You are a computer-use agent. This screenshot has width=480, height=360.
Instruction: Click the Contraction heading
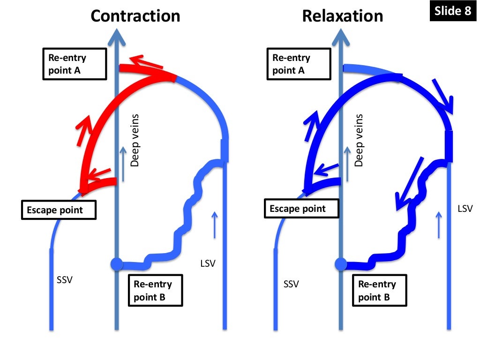(x=135, y=16)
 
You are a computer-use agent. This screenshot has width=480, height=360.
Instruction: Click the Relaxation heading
(x=342, y=16)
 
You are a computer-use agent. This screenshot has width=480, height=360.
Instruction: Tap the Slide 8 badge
(x=452, y=11)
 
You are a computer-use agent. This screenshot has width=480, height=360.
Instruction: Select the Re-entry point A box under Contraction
(x=73, y=64)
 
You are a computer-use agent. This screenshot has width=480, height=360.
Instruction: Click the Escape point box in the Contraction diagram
(x=59, y=210)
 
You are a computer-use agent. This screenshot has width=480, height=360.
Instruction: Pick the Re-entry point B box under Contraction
(x=155, y=290)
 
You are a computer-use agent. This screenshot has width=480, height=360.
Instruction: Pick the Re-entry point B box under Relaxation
(x=379, y=290)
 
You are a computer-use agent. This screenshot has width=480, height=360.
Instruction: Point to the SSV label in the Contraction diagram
(x=65, y=280)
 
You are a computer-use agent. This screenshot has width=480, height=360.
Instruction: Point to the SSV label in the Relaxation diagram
(x=291, y=284)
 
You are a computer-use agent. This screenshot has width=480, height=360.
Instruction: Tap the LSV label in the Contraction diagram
(x=208, y=263)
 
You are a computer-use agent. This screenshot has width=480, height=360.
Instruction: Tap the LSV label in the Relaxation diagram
(x=465, y=208)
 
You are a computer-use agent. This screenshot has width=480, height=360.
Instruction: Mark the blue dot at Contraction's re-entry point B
(x=116, y=264)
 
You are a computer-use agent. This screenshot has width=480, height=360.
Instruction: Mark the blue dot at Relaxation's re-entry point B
(x=340, y=264)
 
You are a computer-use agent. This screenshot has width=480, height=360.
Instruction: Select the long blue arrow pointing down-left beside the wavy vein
(x=409, y=184)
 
